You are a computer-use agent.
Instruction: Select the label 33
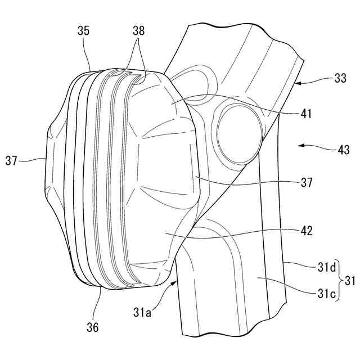pos(339,79)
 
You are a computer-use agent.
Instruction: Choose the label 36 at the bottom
pos(92,326)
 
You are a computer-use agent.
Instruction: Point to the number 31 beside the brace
pos(350,278)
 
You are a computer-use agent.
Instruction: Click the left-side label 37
pos(12,160)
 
